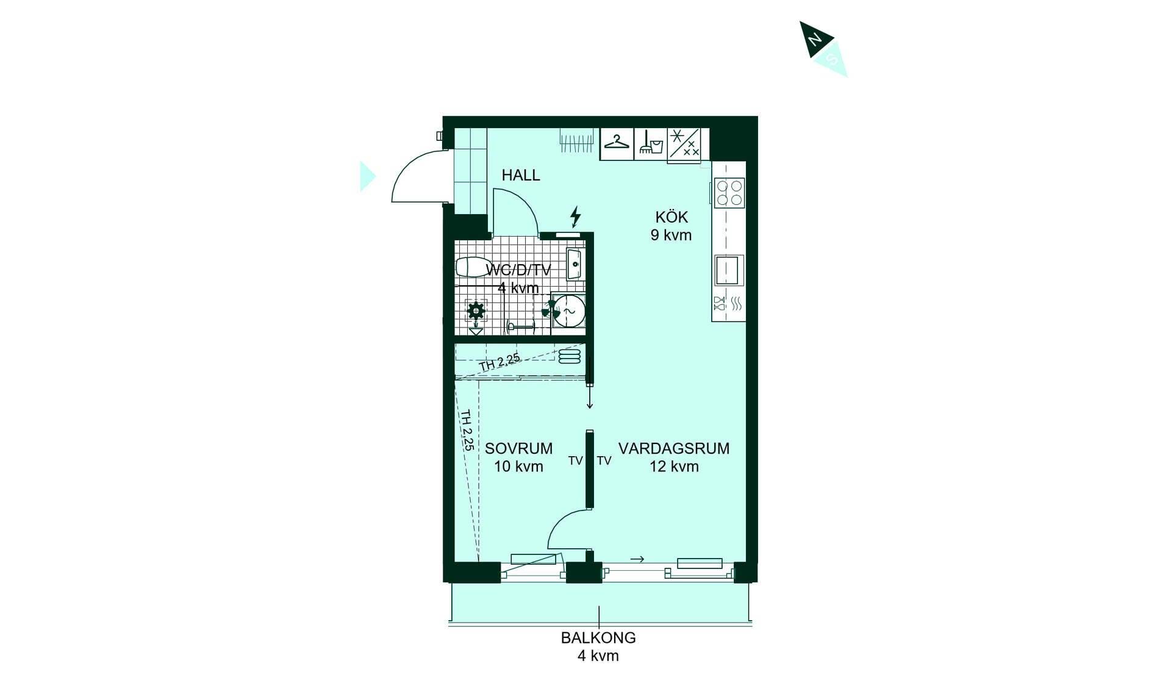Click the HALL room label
point(521,175)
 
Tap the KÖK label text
point(671,217)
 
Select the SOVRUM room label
point(519,448)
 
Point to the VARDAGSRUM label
point(674,448)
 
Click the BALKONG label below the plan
point(598,638)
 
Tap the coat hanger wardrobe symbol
point(617,144)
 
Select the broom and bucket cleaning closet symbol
point(651,144)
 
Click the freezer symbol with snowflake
point(684,144)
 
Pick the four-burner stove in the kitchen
point(729,192)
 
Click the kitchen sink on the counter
point(729,271)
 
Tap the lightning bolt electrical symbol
point(575,216)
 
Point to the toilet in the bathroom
point(473,267)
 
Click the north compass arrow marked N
point(815,38)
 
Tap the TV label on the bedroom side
point(575,461)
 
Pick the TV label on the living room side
point(604,461)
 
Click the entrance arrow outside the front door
point(367,176)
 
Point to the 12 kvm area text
point(674,467)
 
